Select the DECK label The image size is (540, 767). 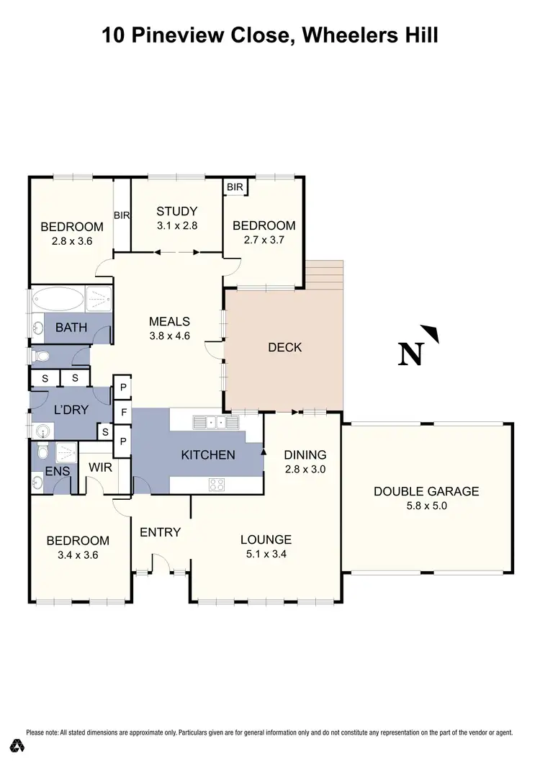click(x=284, y=347)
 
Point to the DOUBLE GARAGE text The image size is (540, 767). click(x=426, y=492)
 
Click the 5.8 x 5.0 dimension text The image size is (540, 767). click(x=426, y=506)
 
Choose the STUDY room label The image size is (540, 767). click(x=177, y=211)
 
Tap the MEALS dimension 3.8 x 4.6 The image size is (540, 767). click(x=168, y=335)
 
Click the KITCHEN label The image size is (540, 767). click(x=207, y=454)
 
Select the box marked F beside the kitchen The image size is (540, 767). click(x=123, y=413)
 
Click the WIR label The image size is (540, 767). click(x=99, y=467)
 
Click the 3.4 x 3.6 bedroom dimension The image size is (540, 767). click(x=78, y=555)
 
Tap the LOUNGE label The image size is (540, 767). click(x=266, y=539)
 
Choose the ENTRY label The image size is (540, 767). click(x=160, y=532)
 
